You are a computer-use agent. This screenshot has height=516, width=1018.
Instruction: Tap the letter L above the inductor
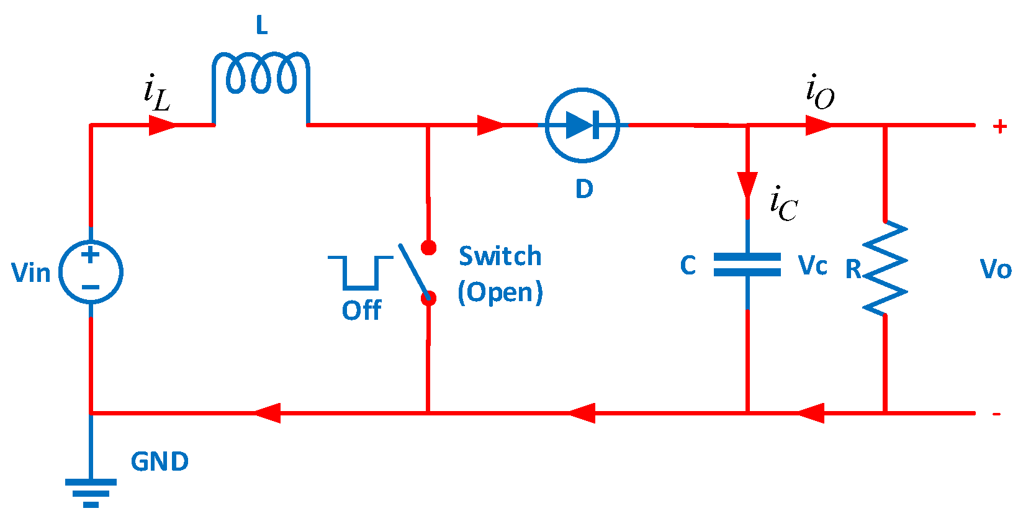(262, 26)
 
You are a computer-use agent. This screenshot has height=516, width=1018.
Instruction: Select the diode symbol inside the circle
(582, 125)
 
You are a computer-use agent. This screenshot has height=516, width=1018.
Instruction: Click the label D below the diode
(584, 189)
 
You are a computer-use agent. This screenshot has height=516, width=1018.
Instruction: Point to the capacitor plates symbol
(747, 264)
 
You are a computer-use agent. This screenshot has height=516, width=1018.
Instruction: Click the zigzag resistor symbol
(885, 268)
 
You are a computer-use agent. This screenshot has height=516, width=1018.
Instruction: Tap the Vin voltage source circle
(91, 272)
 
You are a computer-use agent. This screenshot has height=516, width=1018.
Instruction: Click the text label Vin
(31, 273)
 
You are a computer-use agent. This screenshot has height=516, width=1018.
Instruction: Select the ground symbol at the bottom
(91, 493)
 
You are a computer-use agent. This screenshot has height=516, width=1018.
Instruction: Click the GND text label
(160, 462)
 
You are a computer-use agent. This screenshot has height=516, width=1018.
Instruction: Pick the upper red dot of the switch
(428, 248)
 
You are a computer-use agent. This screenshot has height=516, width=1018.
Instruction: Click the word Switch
(500, 256)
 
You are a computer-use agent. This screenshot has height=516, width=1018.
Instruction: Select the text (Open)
(500, 292)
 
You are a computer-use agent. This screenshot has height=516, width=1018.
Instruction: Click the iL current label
(156, 93)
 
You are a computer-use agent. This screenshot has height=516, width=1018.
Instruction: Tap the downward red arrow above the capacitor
(747, 185)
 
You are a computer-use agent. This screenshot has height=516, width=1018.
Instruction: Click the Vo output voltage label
(995, 269)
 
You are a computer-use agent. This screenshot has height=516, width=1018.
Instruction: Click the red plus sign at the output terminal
(999, 127)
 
